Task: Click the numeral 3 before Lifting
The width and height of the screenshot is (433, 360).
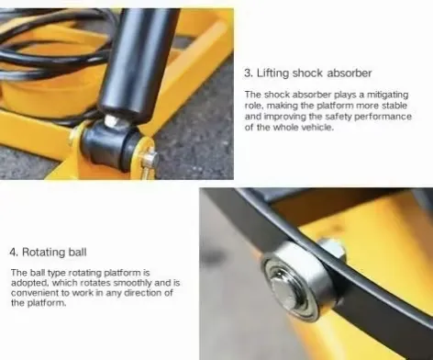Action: [248, 73]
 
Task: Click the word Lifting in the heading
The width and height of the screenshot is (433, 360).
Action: [272, 73]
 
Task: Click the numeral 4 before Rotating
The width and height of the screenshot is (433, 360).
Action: [13, 253]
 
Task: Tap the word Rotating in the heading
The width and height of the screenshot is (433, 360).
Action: [44, 253]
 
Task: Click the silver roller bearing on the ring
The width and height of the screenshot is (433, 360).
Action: [294, 282]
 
